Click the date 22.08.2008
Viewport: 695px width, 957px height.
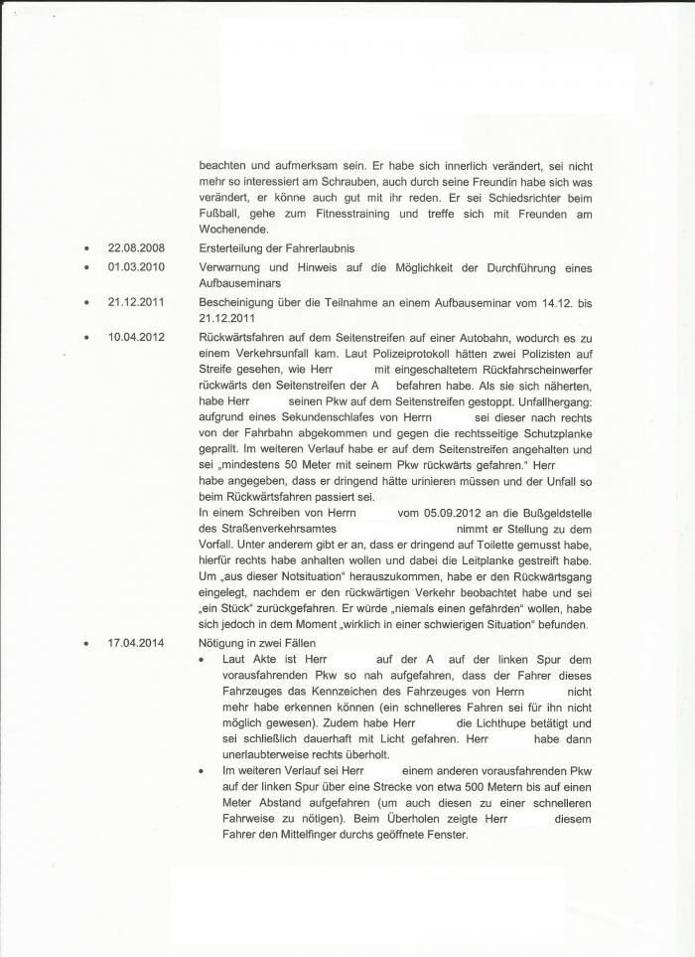coord(137,246)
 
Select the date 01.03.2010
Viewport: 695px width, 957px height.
coord(137,267)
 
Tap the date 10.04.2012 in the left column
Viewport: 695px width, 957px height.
coord(137,338)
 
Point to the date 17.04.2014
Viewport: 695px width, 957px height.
coord(137,643)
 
